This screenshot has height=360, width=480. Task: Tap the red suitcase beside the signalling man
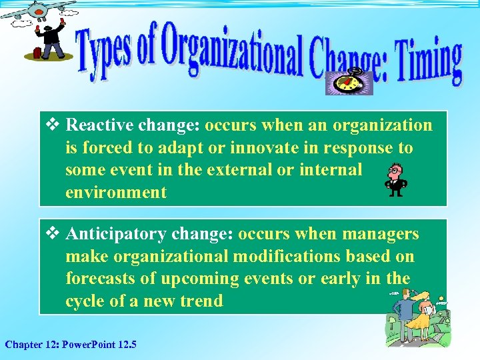(x=32, y=53)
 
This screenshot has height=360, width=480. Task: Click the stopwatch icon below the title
(x=348, y=83)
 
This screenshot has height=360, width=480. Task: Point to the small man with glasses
(x=396, y=179)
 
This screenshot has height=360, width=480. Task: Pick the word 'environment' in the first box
(x=116, y=193)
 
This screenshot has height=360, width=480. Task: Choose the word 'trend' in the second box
(x=201, y=301)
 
